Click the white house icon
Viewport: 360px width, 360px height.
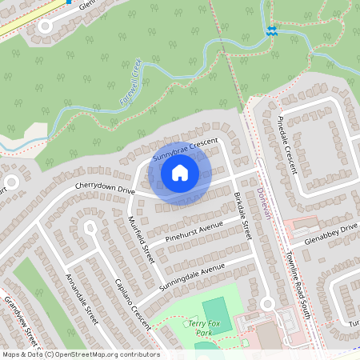[180, 172]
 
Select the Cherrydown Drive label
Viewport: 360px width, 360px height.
[105, 186]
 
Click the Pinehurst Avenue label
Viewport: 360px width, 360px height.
[194, 227]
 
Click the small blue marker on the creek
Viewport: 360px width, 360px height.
[272, 30]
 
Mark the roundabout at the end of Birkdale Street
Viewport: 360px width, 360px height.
[267, 303]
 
